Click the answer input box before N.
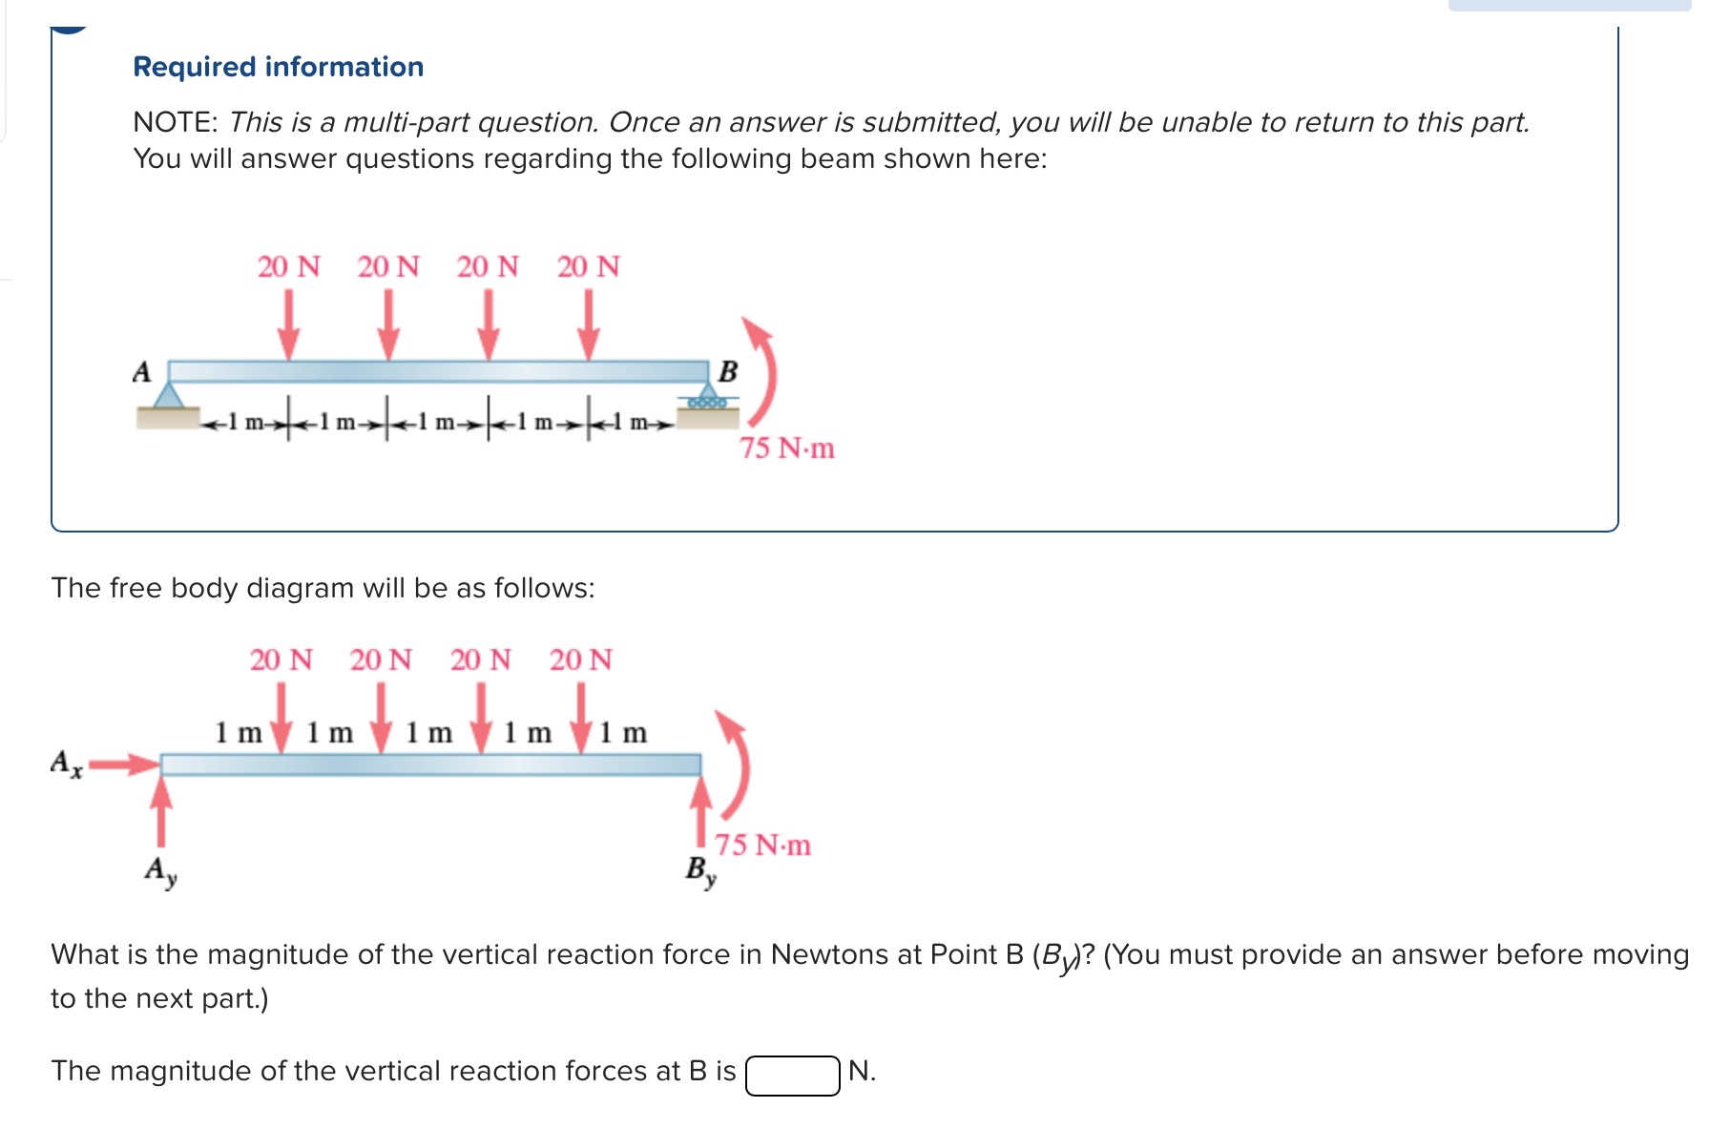point(792,1075)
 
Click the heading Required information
point(278,67)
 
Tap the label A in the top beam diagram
point(142,371)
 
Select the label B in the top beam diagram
point(728,371)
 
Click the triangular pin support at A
point(170,395)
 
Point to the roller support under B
point(708,399)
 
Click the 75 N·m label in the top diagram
point(786,448)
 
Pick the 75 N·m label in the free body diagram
point(763,845)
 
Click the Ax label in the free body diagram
point(66,763)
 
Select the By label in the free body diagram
point(700,870)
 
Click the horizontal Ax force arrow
point(125,763)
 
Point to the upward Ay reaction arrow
point(162,811)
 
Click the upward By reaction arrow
point(701,811)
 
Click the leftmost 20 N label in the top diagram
point(288,266)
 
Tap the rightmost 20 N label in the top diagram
point(588,266)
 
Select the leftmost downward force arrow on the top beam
point(288,324)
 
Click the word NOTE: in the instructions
point(176,122)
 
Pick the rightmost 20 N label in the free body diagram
point(580,659)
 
